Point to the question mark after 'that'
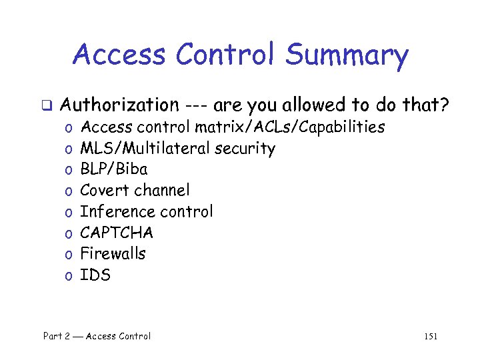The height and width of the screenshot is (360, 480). pos(443,105)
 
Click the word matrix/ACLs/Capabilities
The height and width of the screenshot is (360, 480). pos(289,127)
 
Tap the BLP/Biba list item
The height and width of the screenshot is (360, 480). pos(113,169)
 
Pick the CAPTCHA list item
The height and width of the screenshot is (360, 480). pos(117,233)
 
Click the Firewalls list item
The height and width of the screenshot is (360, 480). pos(113,253)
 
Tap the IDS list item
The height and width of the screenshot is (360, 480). pos(95,275)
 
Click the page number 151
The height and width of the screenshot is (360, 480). pos(431,337)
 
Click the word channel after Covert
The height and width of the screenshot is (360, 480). pos(162,190)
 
